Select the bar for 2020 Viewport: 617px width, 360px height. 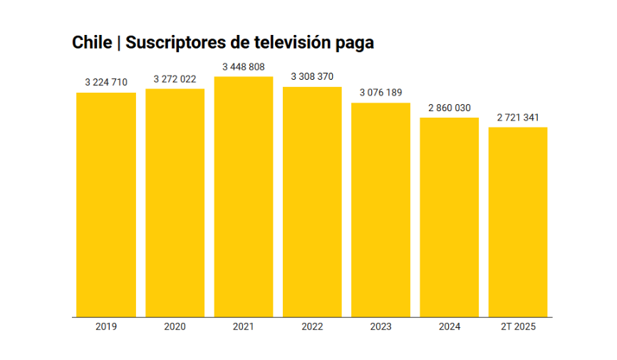tap(175, 202)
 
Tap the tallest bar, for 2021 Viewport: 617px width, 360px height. tap(244, 196)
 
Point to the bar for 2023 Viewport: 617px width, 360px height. tap(380, 210)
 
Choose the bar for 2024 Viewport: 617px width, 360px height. tap(450, 217)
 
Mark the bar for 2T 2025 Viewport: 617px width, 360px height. tap(518, 222)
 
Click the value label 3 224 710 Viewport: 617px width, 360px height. tap(106, 83)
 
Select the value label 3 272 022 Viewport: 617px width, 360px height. tap(175, 79)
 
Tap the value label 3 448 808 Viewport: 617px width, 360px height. tap(244, 67)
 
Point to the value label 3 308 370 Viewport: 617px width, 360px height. tap(312, 77)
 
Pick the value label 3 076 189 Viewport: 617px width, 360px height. tap(380, 93)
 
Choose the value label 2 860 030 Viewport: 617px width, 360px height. tap(450, 108)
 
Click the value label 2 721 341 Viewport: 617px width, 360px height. tap(518, 118)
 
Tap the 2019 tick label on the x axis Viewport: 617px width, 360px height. tap(106, 326)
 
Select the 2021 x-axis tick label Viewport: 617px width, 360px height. tap(244, 326)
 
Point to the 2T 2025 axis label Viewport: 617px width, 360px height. tap(518, 326)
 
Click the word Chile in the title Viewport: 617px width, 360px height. tap(92, 43)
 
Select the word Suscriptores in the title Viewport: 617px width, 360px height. tap(167, 43)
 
